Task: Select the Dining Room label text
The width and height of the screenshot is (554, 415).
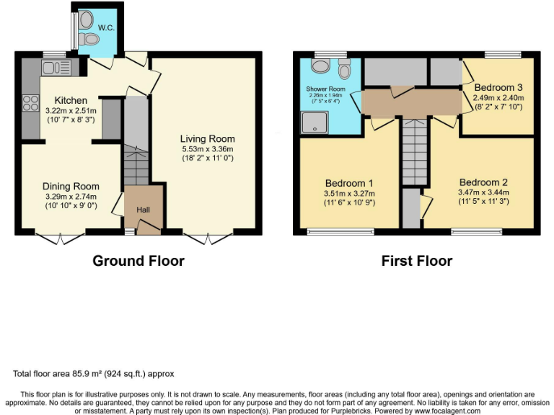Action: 70,184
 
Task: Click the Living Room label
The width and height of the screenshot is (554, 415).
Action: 208,138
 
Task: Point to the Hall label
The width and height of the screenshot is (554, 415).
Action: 144,210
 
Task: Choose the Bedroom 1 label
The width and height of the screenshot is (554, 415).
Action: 350,182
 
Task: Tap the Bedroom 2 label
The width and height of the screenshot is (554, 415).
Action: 483,182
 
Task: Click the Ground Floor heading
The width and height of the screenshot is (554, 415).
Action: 138,261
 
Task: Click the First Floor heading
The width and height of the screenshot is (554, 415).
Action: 417,261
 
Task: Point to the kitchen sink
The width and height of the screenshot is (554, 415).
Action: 54,68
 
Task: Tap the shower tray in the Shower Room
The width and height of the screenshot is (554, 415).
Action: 315,123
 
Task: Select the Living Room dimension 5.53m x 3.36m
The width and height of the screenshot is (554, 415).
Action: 208,148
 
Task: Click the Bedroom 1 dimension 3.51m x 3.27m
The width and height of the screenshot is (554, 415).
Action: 350,192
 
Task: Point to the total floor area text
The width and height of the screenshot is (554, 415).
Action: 94,374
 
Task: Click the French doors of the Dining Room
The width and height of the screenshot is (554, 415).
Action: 60,237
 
